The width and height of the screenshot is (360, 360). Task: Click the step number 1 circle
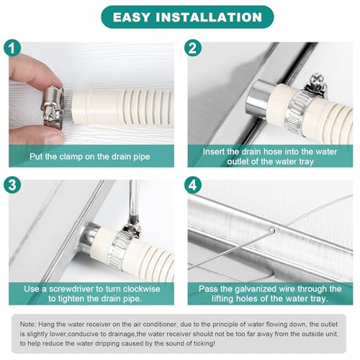pos(12,48)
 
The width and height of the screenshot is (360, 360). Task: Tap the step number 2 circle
pos(192,48)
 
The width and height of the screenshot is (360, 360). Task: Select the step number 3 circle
pos(12,185)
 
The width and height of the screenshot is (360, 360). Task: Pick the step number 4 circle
pos(192,185)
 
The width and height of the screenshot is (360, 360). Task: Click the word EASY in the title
pos(132,17)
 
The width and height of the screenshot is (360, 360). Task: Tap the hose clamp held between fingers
pos(53,107)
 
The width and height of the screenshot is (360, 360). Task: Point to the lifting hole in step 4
pos(271,230)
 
